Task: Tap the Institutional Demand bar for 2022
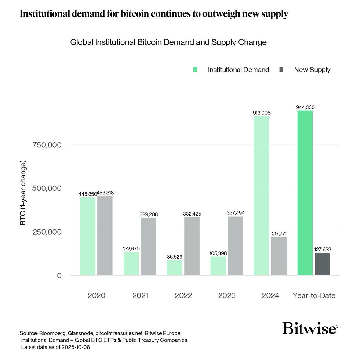click(175, 268)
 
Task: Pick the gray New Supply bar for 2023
click(235, 246)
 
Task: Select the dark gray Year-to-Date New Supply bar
click(322, 264)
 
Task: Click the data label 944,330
click(305, 107)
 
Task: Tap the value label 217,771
click(279, 233)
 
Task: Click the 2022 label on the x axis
click(184, 295)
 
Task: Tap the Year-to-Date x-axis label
click(314, 295)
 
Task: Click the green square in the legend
click(196, 70)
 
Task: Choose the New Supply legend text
click(312, 70)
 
